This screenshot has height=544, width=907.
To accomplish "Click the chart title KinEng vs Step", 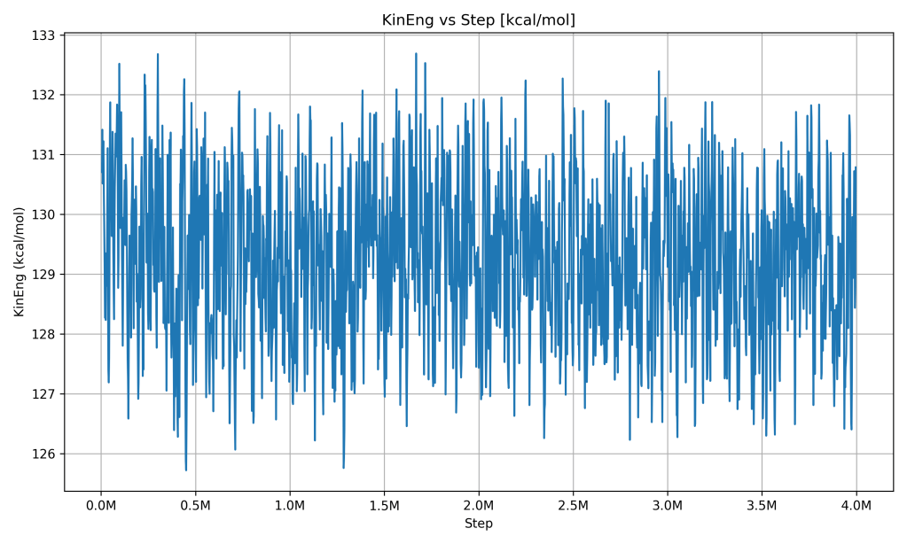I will tap(478, 19).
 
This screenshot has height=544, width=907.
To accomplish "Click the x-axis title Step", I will tap(478, 524).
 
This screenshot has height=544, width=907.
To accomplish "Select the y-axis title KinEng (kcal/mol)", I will tap(20, 261).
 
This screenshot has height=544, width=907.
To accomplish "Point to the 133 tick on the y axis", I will tap(44, 35).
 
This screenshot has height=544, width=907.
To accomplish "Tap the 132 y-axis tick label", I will tap(44, 95).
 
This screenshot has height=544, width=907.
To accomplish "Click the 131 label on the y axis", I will tap(44, 155).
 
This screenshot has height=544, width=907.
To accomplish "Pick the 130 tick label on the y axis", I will tap(44, 214).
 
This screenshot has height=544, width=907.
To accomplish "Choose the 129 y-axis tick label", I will tap(44, 275).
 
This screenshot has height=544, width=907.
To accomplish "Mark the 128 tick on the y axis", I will tap(44, 334).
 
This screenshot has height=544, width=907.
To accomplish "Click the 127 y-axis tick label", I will tap(44, 394).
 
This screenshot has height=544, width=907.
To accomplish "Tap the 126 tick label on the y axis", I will tap(44, 454).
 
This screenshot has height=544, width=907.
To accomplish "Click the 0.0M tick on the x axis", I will tap(101, 505).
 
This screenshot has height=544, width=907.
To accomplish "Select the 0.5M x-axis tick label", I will tap(195, 505).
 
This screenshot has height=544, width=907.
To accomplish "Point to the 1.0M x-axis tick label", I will tap(290, 505).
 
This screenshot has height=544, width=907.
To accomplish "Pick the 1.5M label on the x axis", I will tap(384, 505).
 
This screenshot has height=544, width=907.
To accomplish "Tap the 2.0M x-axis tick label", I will tap(479, 505).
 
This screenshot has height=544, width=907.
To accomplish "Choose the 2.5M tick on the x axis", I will tap(573, 505).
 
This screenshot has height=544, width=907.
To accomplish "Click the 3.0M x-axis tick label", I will tap(668, 505).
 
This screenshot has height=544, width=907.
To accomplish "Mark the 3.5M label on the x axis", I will tap(762, 505).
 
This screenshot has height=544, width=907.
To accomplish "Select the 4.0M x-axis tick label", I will tap(856, 505).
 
